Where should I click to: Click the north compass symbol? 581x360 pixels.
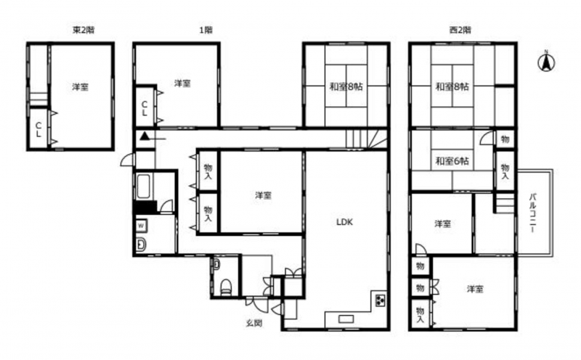546,62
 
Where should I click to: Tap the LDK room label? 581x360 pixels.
344,222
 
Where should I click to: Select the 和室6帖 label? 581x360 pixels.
452,161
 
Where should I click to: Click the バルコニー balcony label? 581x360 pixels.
532,213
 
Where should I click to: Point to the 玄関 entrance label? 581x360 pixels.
255,323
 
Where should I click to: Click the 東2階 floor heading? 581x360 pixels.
83,30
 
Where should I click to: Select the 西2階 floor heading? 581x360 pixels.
460,30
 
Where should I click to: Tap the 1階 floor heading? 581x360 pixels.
206,30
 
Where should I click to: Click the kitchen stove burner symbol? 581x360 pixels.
381,300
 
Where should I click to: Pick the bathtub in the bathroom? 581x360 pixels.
144,187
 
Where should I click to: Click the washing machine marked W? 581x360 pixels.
142,225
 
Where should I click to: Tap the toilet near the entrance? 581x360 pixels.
226,287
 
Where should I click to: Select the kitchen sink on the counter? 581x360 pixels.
346,319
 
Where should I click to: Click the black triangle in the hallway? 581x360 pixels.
145,136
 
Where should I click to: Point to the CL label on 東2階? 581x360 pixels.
38,130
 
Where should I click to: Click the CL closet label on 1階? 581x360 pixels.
145,108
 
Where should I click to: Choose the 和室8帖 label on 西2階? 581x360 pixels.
452,86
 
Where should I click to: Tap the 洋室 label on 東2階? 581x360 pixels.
80,87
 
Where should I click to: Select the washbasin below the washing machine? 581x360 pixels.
141,244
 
